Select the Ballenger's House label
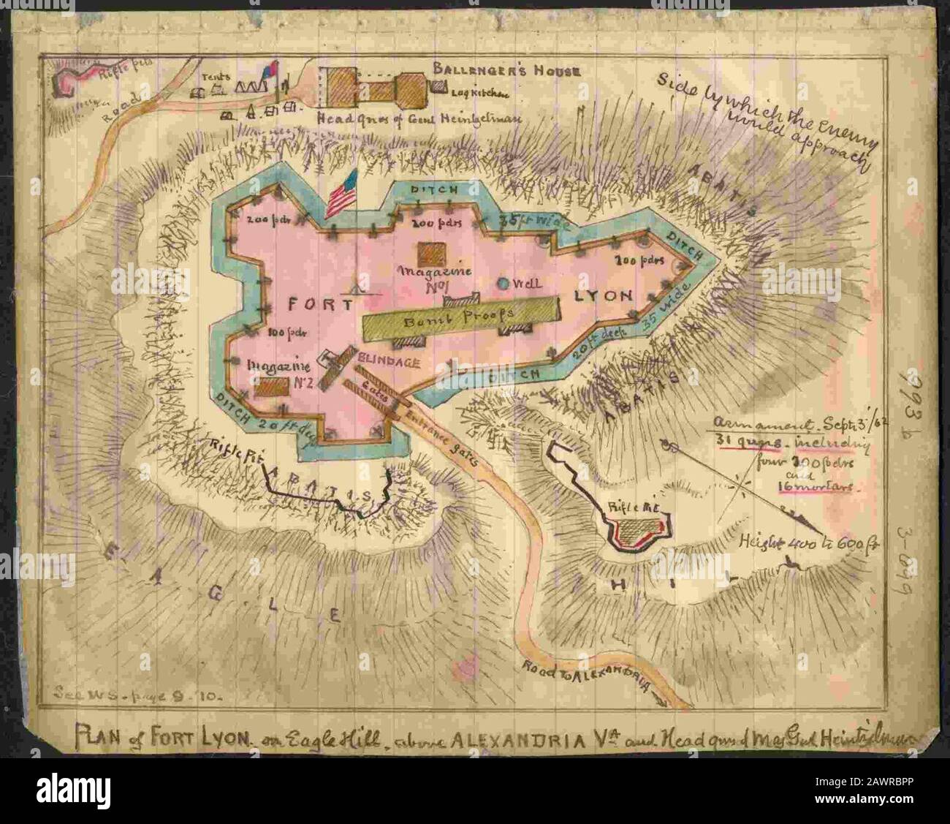[x=506, y=71]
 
